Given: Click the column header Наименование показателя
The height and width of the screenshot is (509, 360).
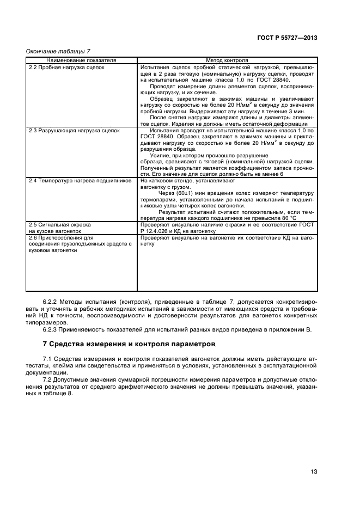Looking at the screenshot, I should click(x=82, y=60).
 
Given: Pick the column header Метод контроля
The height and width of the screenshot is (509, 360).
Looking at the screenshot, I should click(x=227, y=60).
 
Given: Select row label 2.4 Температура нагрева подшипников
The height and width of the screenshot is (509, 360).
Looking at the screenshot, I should click(x=80, y=180).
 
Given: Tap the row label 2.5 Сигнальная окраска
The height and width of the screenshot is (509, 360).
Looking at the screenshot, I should click(x=59, y=224).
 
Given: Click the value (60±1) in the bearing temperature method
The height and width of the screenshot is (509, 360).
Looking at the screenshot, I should click(x=185, y=193).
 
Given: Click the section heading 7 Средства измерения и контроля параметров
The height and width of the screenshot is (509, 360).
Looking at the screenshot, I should click(x=129, y=344).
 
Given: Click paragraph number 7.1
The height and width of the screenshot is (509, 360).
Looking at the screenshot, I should click(x=48, y=359).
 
